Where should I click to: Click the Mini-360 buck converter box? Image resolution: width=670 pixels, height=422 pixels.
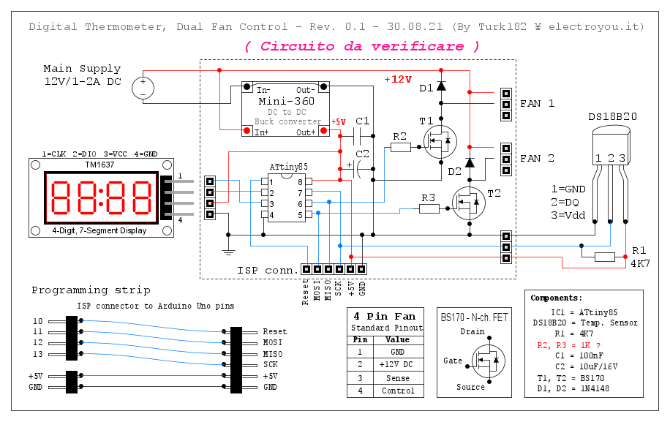pos(285,110)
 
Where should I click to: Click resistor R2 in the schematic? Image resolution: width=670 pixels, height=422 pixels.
pos(400,147)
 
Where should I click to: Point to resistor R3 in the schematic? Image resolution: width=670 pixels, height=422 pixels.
pos(429,208)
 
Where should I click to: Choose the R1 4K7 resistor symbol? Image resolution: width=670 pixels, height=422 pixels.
pos(605,257)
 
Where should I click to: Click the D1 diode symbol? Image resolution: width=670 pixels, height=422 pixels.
pos(441,86)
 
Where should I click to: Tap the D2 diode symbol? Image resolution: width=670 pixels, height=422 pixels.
pos(470,162)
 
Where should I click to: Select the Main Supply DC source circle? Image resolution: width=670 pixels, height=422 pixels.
pos(143,89)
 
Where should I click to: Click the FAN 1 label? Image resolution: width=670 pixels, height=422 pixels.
pos(537,104)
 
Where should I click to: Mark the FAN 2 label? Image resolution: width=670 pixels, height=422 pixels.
pos(537,158)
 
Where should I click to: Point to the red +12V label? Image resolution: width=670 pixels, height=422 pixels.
pos(398,80)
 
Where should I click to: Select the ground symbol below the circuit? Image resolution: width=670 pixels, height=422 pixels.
pos(228,251)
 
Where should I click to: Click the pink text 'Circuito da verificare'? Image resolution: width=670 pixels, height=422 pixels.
pos(362,46)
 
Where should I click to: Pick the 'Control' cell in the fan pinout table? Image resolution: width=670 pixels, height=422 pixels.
pos(397,391)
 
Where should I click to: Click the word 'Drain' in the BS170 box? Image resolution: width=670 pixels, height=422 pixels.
pos(473,332)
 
